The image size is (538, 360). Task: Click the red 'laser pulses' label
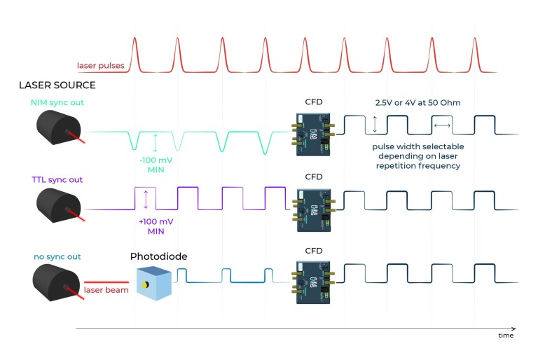coord(102,67)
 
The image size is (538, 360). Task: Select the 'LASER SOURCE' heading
coord(58,85)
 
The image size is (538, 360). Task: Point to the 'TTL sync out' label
coord(57,180)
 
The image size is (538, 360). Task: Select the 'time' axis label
coord(505,336)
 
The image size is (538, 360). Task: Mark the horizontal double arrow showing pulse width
coord(443,125)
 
